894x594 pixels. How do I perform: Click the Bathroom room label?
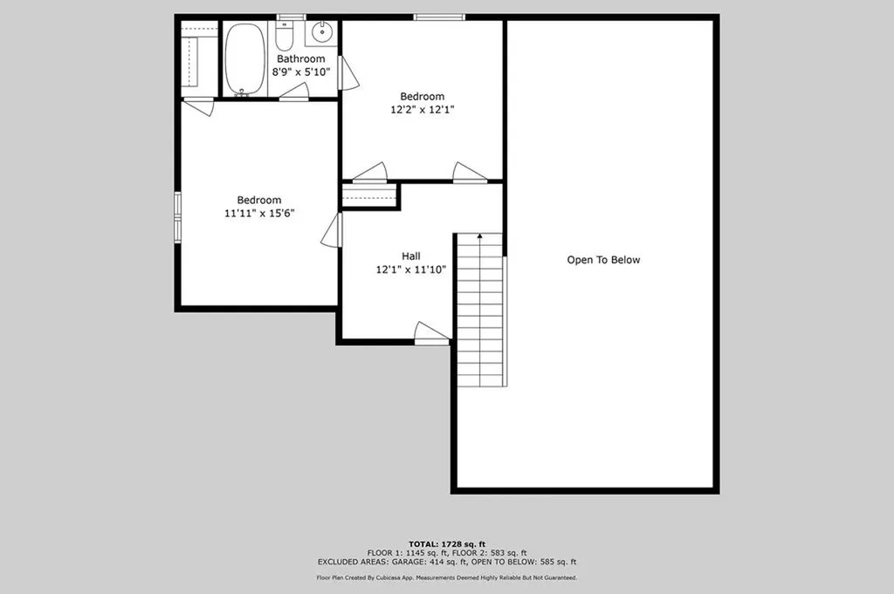point(300,59)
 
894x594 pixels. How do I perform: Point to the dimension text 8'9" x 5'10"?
point(300,72)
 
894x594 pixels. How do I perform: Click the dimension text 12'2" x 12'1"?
point(422,110)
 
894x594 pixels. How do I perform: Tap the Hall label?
point(411,256)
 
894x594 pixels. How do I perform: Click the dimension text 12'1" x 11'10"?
point(411,270)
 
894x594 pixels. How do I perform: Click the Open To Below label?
point(603,260)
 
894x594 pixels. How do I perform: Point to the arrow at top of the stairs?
point(478,236)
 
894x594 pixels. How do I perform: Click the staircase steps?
point(480,314)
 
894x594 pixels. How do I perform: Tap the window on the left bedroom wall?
point(177,216)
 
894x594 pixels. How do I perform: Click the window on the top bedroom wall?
point(439,17)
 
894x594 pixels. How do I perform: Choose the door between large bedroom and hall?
point(332,230)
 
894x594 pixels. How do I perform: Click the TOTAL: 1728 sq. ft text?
point(446,543)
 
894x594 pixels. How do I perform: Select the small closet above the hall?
point(369,196)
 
